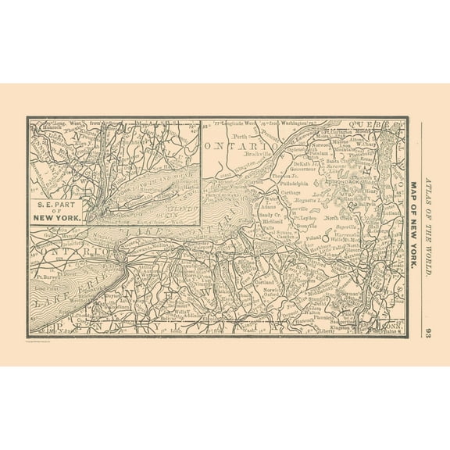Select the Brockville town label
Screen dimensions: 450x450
pyautogui.click(x=257, y=155)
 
